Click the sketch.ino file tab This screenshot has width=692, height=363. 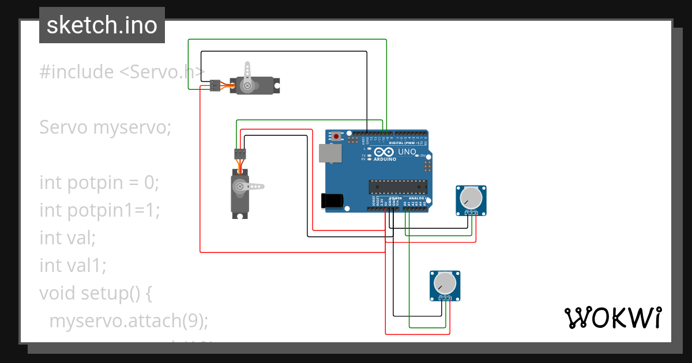102,25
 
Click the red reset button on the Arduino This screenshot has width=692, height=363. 336,137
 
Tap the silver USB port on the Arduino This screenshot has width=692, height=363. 330,153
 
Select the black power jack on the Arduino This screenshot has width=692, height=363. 332,200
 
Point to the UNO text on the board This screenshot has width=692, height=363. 407,152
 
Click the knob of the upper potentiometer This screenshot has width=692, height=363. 471,198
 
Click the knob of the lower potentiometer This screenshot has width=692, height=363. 445,282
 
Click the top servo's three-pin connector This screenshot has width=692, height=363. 215,85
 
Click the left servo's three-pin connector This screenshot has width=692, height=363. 240,153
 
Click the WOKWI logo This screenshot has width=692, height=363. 612,317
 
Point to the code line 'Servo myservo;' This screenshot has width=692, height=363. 106,127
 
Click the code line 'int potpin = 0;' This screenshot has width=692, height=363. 99,183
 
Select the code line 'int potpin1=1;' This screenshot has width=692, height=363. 99,210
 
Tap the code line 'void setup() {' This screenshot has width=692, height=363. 95,293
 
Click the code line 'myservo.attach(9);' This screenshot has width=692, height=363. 128,321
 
